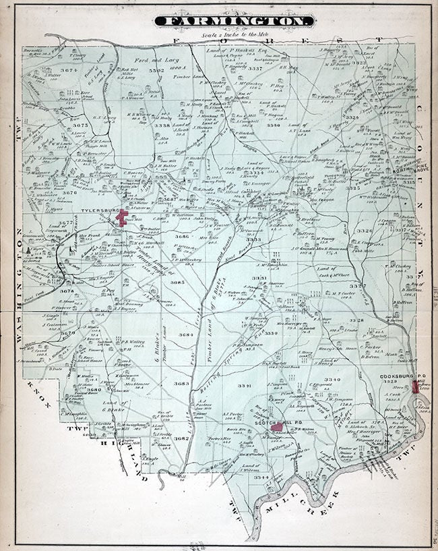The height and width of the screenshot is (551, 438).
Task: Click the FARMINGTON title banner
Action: coord(233,23)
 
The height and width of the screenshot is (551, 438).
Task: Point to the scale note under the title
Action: coord(233,34)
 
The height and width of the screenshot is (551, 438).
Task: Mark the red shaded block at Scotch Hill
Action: coord(276,427)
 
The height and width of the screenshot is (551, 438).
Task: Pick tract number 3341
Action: coord(245,385)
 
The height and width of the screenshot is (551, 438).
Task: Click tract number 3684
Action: coord(186,335)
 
